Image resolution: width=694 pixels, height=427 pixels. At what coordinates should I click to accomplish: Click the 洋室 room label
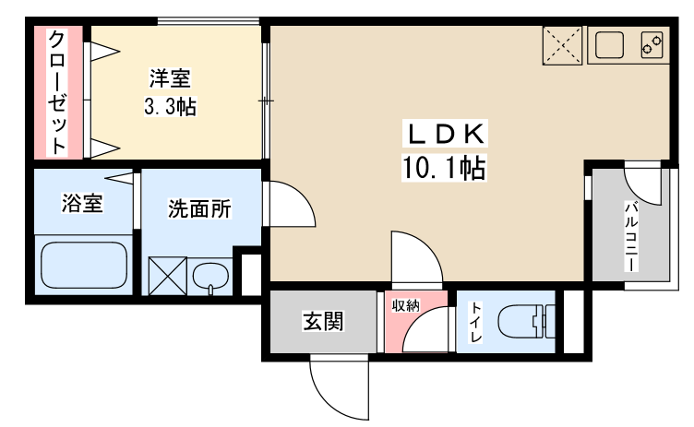[x=170, y=77]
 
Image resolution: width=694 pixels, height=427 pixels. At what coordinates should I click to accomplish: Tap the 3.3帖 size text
[x=170, y=107]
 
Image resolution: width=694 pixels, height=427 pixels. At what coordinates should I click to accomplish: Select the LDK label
[x=445, y=134]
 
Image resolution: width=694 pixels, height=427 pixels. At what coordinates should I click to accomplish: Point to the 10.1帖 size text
[x=444, y=167]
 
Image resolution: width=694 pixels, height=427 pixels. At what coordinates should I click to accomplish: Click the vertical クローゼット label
[x=57, y=92]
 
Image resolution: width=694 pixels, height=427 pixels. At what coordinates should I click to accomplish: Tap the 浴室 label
[x=82, y=203]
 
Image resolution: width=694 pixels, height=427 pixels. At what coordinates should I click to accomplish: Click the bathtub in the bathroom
[x=84, y=265]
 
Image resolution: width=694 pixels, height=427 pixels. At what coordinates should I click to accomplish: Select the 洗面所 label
[x=199, y=208]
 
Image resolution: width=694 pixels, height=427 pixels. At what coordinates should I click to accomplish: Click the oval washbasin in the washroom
[x=210, y=277]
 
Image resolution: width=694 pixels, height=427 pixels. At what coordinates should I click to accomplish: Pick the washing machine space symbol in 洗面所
[x=168, y=276]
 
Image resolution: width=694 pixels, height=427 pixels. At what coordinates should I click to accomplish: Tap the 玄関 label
[x=323, y=321]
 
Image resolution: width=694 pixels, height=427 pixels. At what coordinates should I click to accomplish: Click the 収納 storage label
[x=405, y=305]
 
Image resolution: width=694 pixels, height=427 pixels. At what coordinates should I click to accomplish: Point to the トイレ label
[x=476, y=322]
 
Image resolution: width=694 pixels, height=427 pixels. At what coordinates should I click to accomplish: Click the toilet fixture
[x=526, y=321]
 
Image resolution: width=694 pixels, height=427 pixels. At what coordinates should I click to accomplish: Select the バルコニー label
[x=631, y=236]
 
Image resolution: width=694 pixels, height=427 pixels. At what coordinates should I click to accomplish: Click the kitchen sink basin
[x=609, y=44]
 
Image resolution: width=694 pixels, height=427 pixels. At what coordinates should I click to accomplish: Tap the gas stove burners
[x=652, y=44]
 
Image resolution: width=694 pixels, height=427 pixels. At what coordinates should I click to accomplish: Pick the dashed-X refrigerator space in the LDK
[x=562, y=45]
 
